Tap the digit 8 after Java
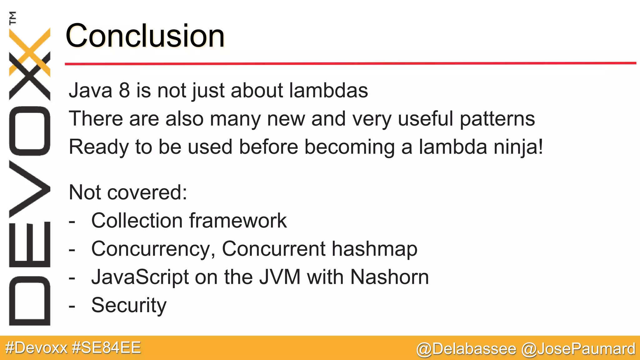(124, 90)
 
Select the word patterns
(497, 119)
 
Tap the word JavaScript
(140, 277)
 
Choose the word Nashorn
(389, 277)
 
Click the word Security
(129, 305)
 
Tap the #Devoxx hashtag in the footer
(37, 348)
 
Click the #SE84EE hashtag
(106, 348)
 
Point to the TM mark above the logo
(12, 18)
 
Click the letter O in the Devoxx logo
(30, 131)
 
